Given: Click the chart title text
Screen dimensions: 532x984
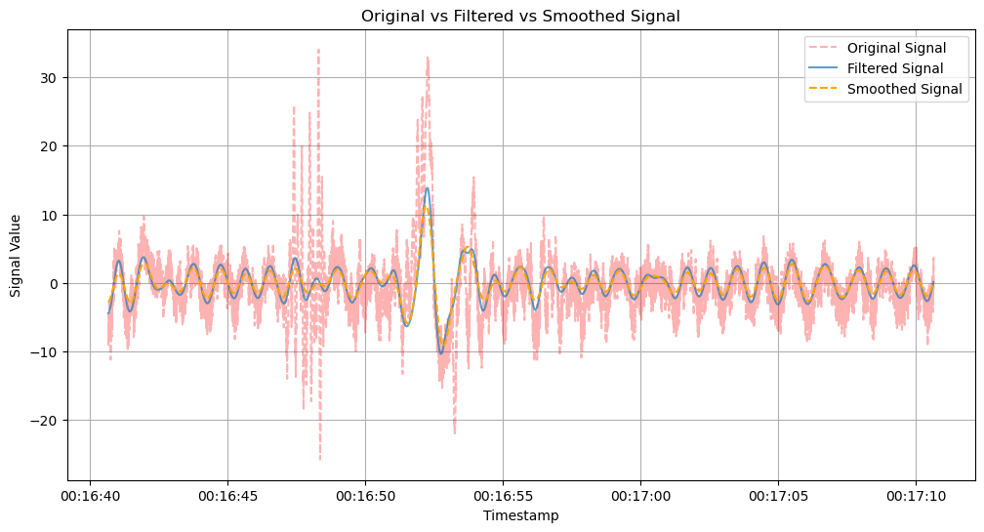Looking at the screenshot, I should click(x=520, y=16).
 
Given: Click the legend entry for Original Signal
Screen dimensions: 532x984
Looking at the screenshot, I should click(x=896, y=48).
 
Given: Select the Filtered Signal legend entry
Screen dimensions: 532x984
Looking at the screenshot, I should click(x=894, y=68).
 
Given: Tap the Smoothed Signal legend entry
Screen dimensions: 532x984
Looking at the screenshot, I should click(x=904, y=89).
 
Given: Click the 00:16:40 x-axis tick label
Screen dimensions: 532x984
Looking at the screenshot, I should click(x=90, y=496).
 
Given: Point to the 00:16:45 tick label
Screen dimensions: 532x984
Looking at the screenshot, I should click(x=227, y=496).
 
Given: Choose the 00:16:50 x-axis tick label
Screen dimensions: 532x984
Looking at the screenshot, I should click(x=365, y=496).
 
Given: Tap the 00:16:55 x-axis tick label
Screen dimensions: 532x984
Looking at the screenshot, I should click(x=503, y=496).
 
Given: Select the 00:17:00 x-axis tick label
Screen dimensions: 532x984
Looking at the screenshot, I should click(x=640, y=496).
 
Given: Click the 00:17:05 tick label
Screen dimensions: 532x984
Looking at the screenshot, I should click(x=778, y=496).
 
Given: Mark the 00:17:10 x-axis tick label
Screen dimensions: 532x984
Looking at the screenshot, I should click(x=916, y=496).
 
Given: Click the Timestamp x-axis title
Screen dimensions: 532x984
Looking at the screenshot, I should click(x=520, y=515).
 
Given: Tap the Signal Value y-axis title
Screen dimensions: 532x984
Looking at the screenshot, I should click(x=16, y=255).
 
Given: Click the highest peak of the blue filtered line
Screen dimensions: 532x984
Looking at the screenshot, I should click(x=427, y=187).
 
